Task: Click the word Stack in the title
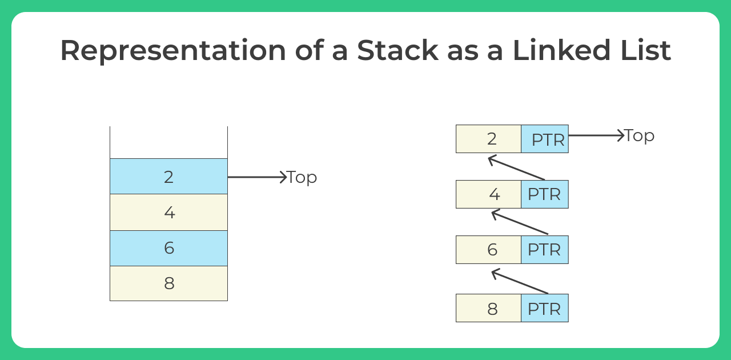point(397,50)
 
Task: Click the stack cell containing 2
point(168,177)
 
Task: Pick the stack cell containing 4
point(168,212)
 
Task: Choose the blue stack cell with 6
point(168,248)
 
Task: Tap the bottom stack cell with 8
point(168,283)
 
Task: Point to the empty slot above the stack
point(168,142)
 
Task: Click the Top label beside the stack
point(302,177)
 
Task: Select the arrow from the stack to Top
point(256,177)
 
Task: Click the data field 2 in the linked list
point(489,139)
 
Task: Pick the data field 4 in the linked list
point(489,194)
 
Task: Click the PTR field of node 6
point(544,250)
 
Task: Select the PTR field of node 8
point(544,309)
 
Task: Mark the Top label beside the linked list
point(639,135)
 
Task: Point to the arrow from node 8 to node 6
point(520,282)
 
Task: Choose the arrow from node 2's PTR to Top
point(596,135)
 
